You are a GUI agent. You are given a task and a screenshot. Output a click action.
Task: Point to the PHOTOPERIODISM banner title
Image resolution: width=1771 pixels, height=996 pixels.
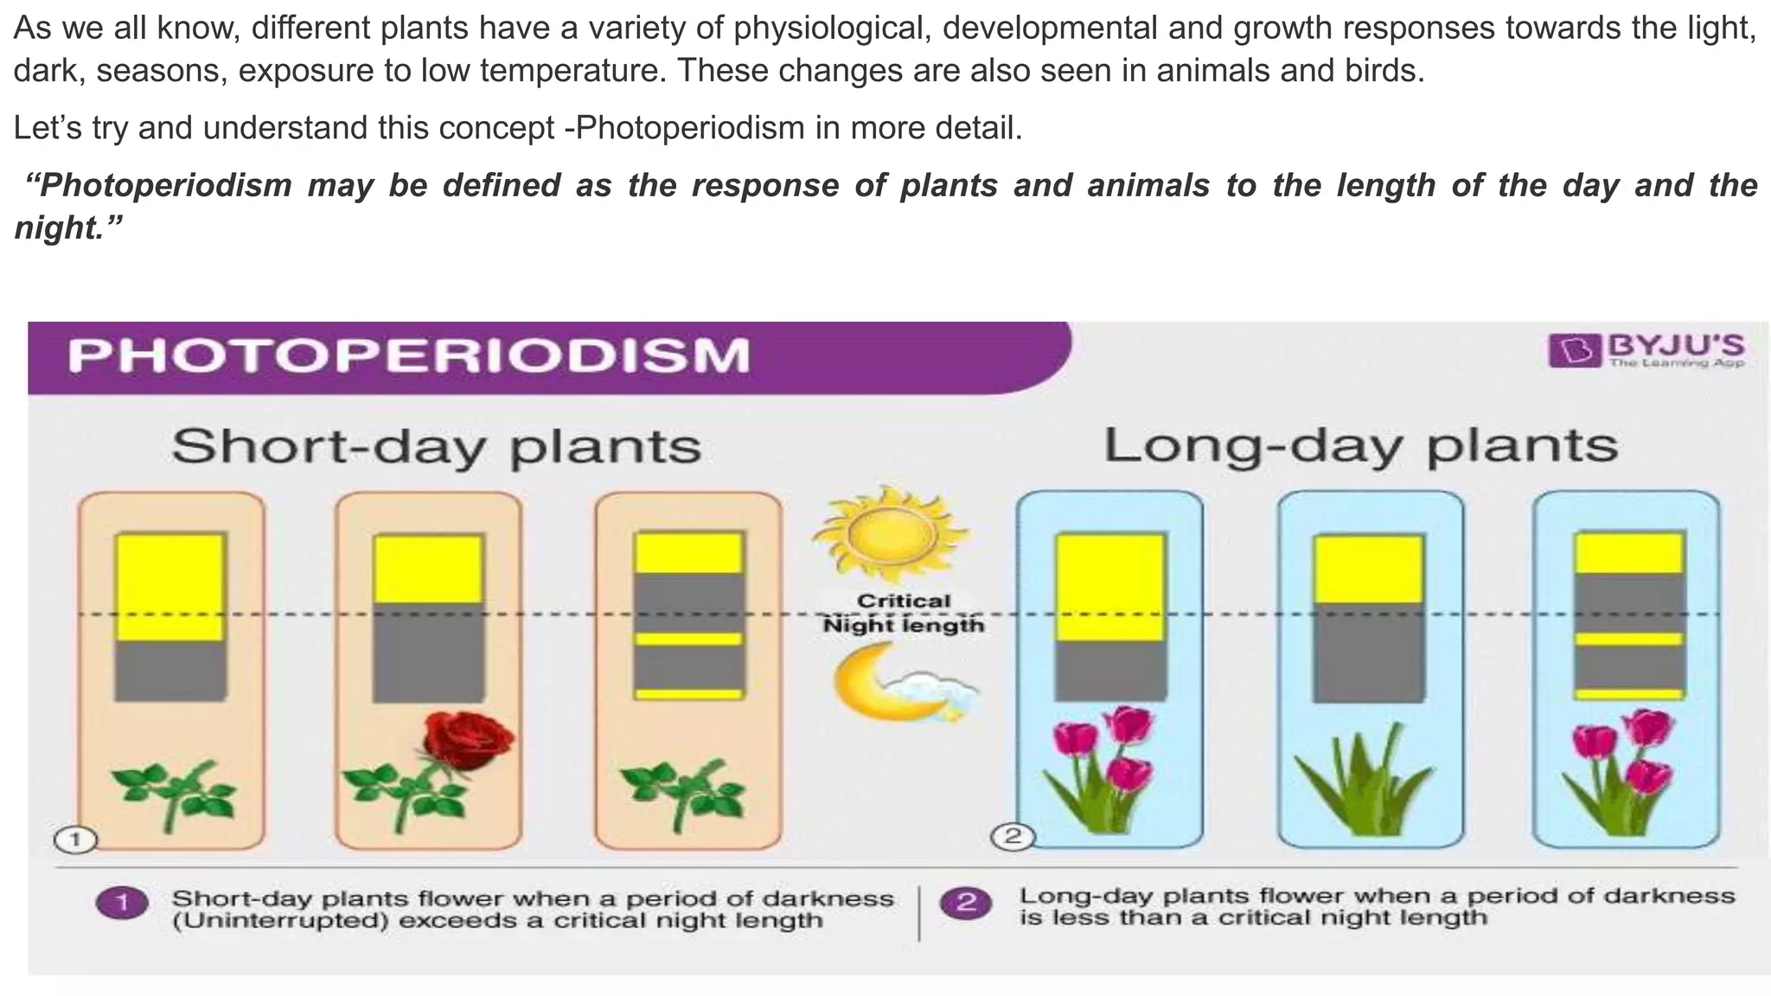click(408, 356)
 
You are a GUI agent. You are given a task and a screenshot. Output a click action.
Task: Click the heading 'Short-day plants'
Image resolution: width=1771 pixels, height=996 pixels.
click(436, 447)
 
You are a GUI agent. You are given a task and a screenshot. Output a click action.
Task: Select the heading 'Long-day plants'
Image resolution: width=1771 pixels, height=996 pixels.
click(1360, 446)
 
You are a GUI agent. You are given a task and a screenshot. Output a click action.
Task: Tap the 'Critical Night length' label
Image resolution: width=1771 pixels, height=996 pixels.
click(903, 613)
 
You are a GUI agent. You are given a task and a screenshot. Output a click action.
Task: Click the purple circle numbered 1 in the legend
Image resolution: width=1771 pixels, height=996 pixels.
click(121, 904)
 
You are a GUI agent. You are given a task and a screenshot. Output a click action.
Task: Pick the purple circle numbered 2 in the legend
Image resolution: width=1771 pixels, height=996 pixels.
click(966, 903)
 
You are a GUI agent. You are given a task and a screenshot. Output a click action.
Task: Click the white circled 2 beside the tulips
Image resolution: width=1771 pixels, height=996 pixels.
click(1012, 837)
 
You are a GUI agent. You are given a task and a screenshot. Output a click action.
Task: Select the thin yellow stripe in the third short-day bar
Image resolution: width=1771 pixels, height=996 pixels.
click(689, 639)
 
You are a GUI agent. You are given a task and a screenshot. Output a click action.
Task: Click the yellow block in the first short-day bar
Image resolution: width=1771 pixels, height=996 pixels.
click(169, 587)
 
